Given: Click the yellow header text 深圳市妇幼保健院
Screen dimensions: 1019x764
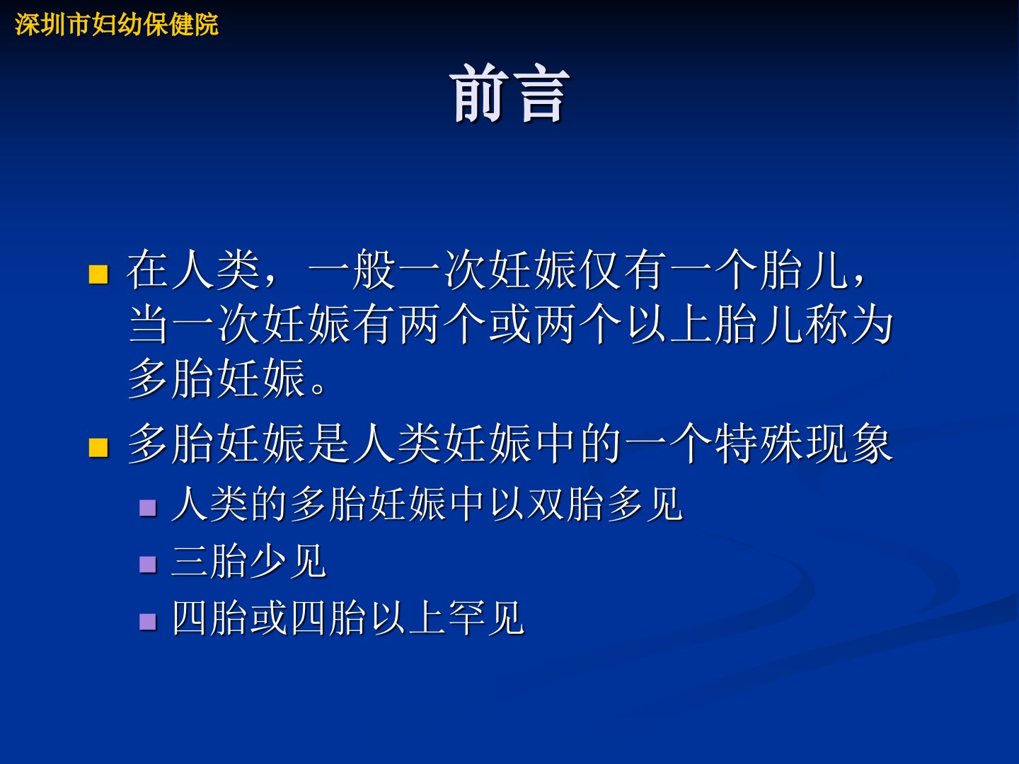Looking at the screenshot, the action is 117,25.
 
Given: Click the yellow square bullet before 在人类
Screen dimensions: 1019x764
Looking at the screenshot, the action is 98,274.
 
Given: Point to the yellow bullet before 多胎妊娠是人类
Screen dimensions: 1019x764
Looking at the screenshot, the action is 98,448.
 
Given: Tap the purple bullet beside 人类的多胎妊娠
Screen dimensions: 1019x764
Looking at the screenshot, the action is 148,508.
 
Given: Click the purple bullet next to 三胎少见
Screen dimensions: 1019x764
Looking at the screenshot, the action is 148,565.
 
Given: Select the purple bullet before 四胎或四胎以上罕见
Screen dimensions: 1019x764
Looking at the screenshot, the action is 148,622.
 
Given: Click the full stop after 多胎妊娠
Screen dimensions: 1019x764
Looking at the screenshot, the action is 318,388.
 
